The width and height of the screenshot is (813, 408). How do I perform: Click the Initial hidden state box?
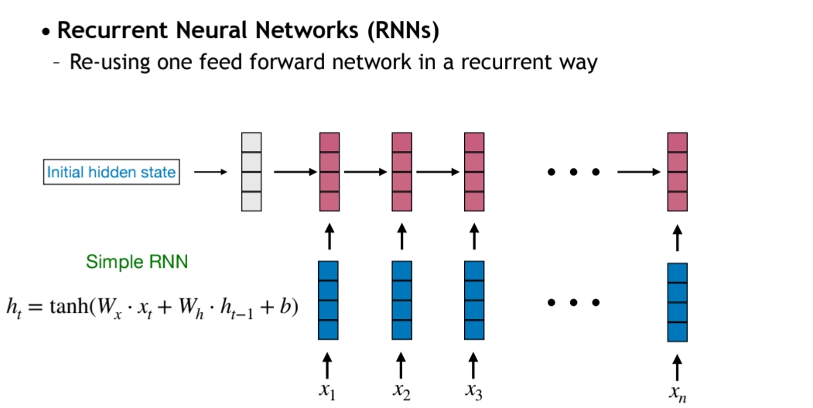[111, 172]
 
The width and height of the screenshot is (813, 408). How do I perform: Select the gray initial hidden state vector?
[251, 172]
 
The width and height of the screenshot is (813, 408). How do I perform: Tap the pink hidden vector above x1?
[330, 172]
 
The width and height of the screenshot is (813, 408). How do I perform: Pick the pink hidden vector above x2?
[401, 172]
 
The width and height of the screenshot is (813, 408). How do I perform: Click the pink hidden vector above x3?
[474, 172]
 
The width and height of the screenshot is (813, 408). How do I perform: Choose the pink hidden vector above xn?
[678, 172]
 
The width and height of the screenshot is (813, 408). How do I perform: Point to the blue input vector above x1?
[329, 300]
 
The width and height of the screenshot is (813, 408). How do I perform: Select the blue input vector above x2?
[401, 300]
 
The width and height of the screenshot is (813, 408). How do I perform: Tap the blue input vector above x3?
[474, 300]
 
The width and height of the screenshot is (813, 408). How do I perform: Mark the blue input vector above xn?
[678, 302]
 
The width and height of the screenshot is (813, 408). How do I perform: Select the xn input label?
[677, 393]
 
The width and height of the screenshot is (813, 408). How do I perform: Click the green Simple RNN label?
[137, 262]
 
